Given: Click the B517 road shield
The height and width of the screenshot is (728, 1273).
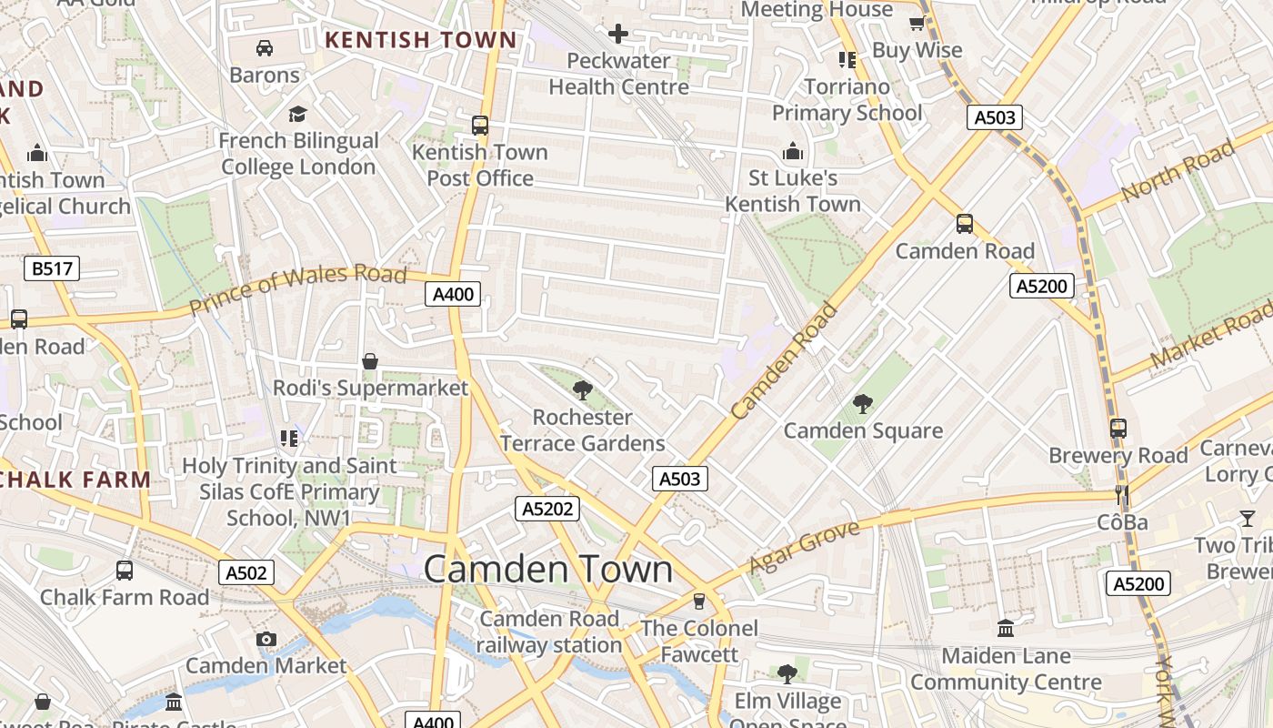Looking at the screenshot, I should (x=52, y=268).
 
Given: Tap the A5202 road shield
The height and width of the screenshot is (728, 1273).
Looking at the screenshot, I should (x=547, y=509).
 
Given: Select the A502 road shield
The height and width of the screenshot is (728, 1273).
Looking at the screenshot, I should (x=246, y=572).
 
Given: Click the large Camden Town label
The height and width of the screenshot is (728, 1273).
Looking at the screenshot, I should (x=548, y=570).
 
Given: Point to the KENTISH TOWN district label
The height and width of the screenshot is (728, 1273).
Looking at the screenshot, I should (x=421, y=40).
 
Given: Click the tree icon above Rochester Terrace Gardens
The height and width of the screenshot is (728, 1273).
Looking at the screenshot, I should (x=583, y=390).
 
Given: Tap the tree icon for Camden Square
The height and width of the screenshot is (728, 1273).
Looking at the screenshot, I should (x=863, y=403).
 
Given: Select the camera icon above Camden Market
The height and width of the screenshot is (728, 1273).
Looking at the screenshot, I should (x=266, y=639).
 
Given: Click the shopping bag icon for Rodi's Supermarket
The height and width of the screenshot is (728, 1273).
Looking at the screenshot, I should (x=370, y=361).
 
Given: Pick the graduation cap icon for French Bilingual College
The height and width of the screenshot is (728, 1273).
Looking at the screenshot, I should (x=297, y=114).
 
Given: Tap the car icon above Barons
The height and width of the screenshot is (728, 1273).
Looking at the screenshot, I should (x=265, y=47).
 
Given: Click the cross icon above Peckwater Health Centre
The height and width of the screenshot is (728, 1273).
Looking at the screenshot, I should (x=618, y=35).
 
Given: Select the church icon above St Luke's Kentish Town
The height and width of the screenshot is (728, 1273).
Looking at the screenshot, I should (x=793, y=150).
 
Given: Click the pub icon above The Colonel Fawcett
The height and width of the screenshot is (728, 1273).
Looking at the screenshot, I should (x=698, y=601).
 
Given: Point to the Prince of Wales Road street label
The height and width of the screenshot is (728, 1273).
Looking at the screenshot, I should (x=297, y=289).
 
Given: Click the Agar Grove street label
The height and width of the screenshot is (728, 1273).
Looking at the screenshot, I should (x=803, y=548).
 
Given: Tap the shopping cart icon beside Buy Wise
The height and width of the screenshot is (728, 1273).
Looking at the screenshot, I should (x=917, y=23).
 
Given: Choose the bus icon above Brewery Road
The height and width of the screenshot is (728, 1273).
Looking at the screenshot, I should (x=1118, y=428).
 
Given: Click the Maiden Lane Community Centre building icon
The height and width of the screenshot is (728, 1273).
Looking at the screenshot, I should (x=1006, y=628).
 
